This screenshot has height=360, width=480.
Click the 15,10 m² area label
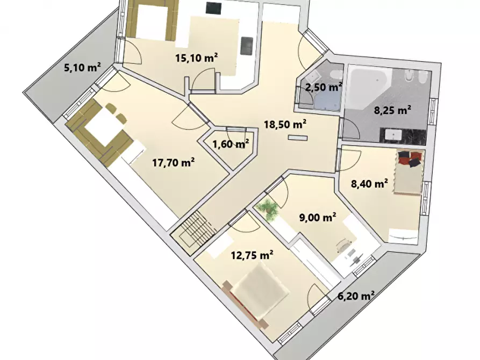(x=196, y=59)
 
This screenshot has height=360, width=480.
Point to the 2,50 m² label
(x=324, y=87)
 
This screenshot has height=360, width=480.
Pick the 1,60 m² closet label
(x=230, y=144)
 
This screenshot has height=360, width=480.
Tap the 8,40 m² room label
(x=369, y=184)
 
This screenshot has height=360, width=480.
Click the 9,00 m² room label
(x=317, y=217)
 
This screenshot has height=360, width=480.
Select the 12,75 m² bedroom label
(x=252, y=256)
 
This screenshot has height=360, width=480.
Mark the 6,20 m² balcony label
(x=355, y=296)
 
